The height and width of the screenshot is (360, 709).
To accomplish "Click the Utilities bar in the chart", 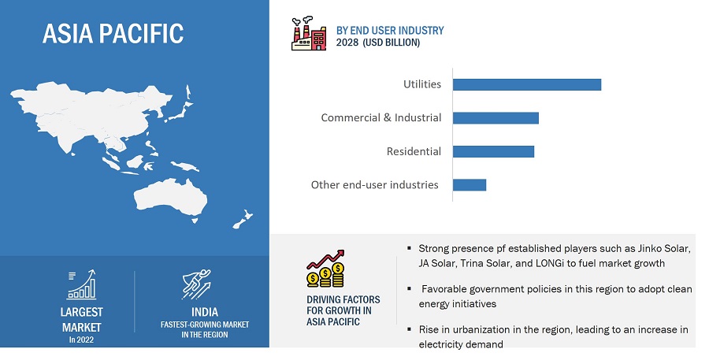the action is (527, 84).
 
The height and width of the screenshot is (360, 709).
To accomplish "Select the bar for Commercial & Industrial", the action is (496, 118).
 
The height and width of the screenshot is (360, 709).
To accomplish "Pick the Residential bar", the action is (493, 151).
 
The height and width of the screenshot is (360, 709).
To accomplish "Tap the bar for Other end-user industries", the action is (470, 185).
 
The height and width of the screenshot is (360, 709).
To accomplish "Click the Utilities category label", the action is (422, 84).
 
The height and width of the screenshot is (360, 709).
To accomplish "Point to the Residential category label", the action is (414, 151).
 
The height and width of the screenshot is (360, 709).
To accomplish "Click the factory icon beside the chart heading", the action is (308, 33).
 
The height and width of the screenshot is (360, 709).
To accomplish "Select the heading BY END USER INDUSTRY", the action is (390, 30).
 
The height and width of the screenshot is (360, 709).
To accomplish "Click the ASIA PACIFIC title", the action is (113, 33).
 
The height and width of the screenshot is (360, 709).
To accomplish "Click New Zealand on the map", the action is (243, 219).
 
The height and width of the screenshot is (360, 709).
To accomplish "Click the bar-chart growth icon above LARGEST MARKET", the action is (81, 284).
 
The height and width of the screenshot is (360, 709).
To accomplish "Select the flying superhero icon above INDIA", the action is (196, 284).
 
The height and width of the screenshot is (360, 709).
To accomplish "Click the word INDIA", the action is (205, 312).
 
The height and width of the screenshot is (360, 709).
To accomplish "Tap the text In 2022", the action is (81, 340).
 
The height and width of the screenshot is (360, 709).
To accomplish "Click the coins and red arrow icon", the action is (325, 269).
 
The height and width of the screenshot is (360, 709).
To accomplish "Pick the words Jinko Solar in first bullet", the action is (664, 248).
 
